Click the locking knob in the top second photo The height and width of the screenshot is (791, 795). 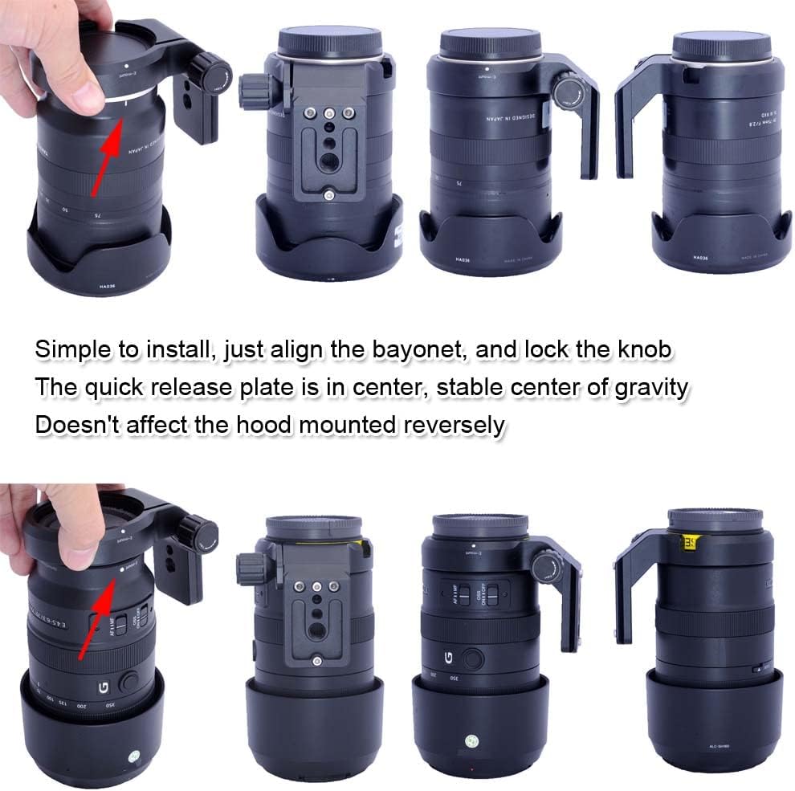(251, 90)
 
